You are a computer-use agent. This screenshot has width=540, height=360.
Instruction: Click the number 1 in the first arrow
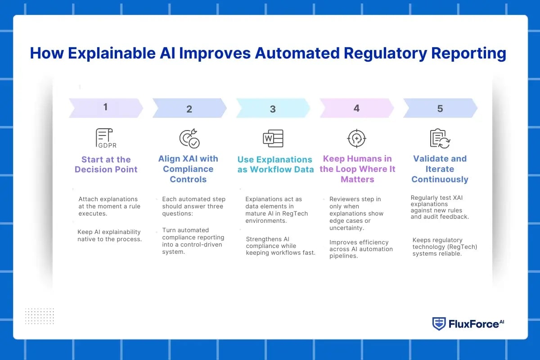pyautogui.click(x=105, y=107)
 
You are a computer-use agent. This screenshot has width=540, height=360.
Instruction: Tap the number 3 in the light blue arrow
pyautogui.click(x=273, y=109)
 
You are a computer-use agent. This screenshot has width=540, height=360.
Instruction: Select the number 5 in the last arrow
pyautogui.click(x=440, y=108)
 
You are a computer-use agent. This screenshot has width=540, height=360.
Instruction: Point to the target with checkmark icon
pyautogui.click(x=189, y=139)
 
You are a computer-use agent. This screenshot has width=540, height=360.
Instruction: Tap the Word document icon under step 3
pyautogui.click(x=273, y=139)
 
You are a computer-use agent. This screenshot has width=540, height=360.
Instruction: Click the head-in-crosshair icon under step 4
pyautogui.click(x=356, y=138)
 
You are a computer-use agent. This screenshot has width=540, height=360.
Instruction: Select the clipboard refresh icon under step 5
pyautogui.click(x=440, y=138)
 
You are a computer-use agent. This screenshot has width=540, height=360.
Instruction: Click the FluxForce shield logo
pyautogui.click(x=439, y=324)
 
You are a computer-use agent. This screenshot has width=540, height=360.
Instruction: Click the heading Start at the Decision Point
pyautogui.click(x=106, y=165)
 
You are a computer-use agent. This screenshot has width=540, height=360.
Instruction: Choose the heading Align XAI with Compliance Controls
pyautogui.click(x=188, y=169)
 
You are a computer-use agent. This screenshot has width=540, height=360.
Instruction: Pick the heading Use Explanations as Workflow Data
pyautogui.click(x=275, y=165)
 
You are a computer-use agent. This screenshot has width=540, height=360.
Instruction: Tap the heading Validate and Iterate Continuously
pyautogui.click(x=440, y=169)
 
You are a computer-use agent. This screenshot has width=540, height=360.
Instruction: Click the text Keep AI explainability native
pyautogui.click(x=110, y=235)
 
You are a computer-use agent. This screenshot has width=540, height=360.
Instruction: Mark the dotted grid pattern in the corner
pyautogui.click(x=39, y=316)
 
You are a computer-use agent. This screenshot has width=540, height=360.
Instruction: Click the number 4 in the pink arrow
pyautogui.click(x=356, y=108)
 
